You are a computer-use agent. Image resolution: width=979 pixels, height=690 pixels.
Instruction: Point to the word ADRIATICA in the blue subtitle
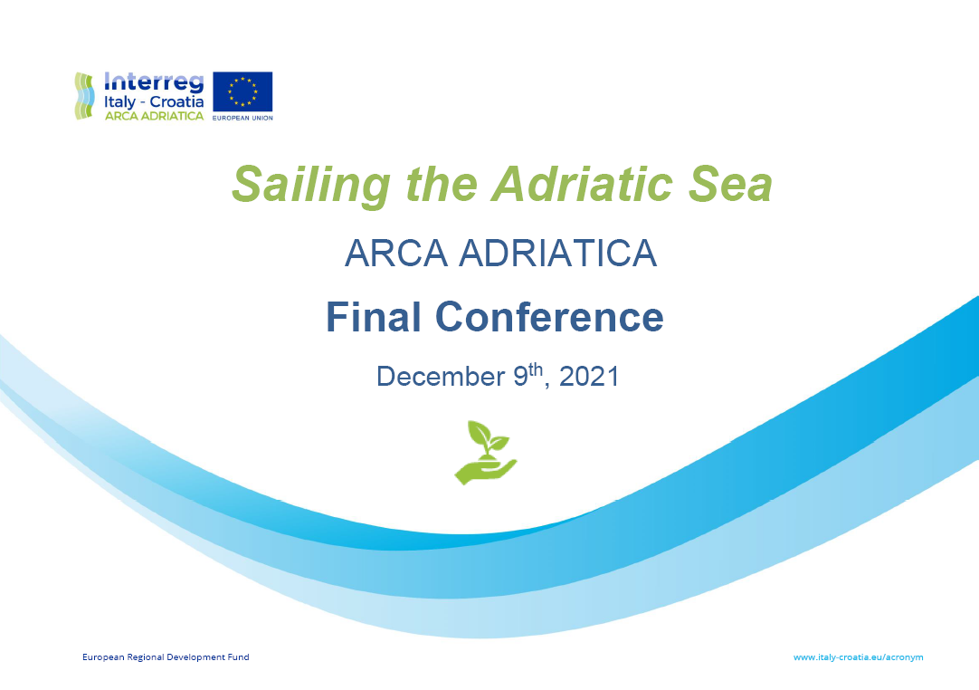pyautogui.click(x=557, y=254)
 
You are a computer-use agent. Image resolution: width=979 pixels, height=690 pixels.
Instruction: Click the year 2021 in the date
pyautogui.click(x=589, y=377)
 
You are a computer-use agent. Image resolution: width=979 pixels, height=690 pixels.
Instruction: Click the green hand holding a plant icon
pyautogui.click(x=485, y=451)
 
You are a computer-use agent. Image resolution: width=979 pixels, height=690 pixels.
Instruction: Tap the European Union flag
pyautogui.click(x=242, y=91)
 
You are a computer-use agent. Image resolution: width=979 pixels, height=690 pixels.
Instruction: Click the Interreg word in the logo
pyautogui.click(x=154, y=81)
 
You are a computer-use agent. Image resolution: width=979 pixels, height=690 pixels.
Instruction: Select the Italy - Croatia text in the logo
pyautogui.click(x=154, y=101)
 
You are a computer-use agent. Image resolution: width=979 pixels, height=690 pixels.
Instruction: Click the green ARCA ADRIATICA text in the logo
pyautogui.click(x=154, y=116)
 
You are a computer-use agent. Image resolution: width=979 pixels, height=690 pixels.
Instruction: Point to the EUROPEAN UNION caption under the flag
pyautogui.click(x=242, y=118)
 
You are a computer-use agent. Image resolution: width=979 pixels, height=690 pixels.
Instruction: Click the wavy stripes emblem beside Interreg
pyautogui.click(x=84, y=96)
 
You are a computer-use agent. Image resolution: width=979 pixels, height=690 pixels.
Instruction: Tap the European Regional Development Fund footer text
pyautogui.click(x=166, y=657)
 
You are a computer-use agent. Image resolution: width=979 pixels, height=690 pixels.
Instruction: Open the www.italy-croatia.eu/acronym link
pyautogui.click(x=858, y=657)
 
